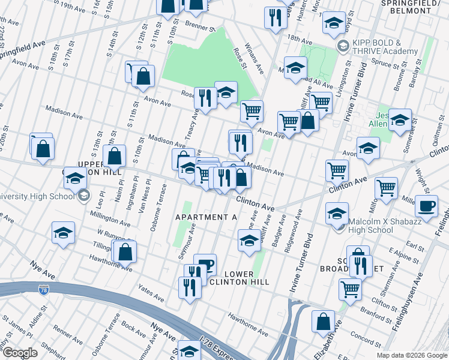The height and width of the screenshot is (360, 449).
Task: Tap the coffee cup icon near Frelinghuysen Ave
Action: pos(426,206)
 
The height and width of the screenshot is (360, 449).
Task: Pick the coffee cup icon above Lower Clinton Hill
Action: pos(205,265)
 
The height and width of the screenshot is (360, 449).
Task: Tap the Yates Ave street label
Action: pos(151,293)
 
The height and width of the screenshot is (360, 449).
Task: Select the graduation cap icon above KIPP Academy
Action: pos(334,24)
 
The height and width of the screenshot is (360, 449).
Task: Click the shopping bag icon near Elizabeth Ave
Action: pos(323,321)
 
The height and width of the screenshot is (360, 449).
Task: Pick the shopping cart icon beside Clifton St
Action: pos(350,289)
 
